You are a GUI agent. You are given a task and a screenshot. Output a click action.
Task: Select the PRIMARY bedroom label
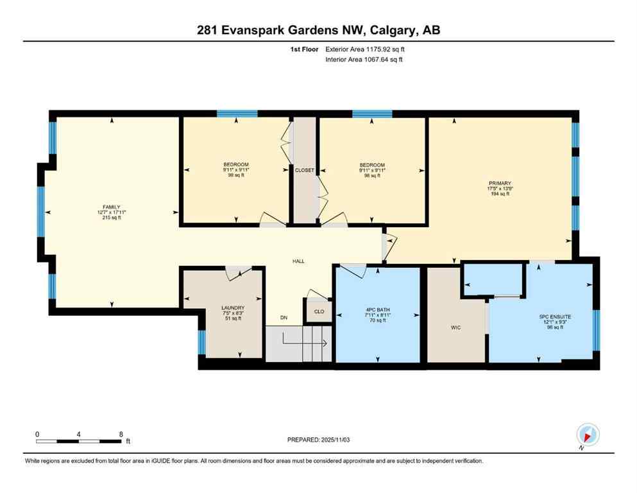pyautogui.click(x=500, y=183)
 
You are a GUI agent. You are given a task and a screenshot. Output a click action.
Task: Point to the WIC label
pyautogui.click(x=456, y=327)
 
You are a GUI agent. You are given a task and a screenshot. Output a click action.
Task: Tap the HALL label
pyautogui.click(x=298, y=261)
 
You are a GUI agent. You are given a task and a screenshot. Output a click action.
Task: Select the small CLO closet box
pyautogui.click(x=319, y=311)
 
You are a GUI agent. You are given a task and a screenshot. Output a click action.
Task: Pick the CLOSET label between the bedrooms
pyautogui.click(x=304, y=170)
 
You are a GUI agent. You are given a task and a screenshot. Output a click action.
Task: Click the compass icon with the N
pyautogui.click(x=588, y=435)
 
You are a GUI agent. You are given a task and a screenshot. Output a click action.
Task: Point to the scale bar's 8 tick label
pyautogui.click(x=121, y=434)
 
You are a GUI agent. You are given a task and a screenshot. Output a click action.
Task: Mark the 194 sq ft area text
pyautogui.click(x=500, y=194)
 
